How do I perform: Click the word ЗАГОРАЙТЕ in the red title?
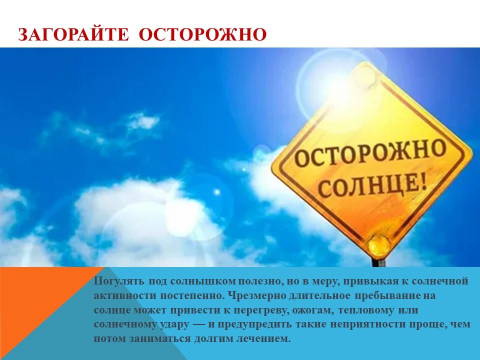click(x=73, y=34)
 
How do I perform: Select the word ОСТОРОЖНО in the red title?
click(x=202, y=34)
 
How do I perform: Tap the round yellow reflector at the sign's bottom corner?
click(x=379, y=245)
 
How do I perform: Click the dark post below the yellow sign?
click(x=380, y=261)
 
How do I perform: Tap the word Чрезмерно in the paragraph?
click(x=257, y=295)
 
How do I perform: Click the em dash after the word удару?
click(x=198, y=324)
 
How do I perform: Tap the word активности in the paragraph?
click(x=124, y=295)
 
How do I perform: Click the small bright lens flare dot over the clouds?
click(x=217, y=192)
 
